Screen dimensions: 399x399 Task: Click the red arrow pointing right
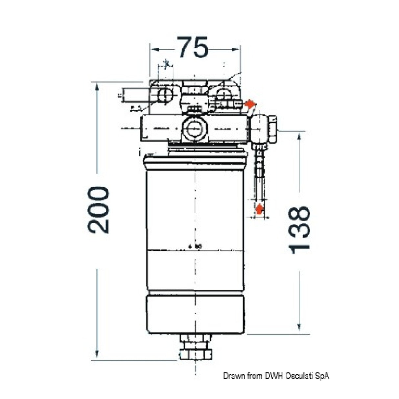point(250,104)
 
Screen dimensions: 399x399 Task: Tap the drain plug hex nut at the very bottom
point(196,354)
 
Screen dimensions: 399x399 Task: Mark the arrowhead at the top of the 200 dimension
point(97,87)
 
